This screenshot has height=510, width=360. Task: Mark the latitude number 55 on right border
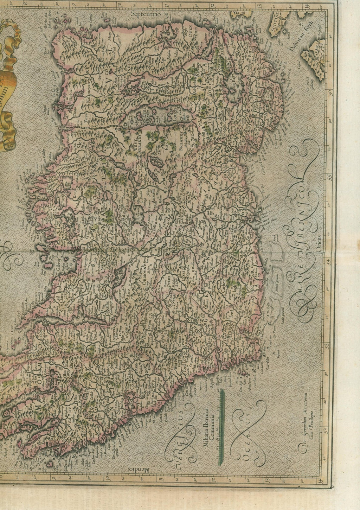330,176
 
